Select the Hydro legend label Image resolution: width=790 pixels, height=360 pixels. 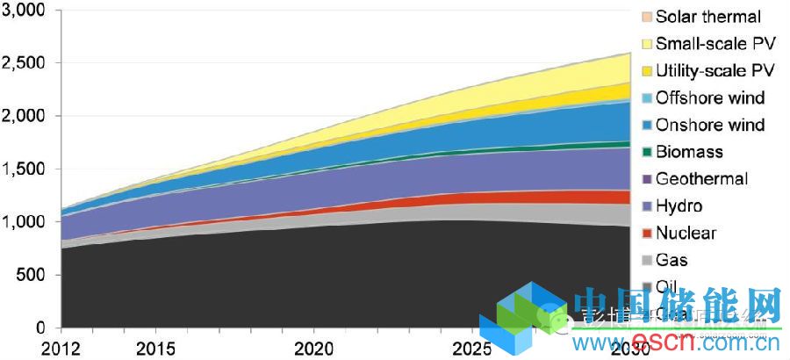click(679, 206)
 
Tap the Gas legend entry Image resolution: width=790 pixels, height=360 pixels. click(671, 261)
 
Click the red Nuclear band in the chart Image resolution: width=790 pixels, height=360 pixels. click(527, 198)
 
